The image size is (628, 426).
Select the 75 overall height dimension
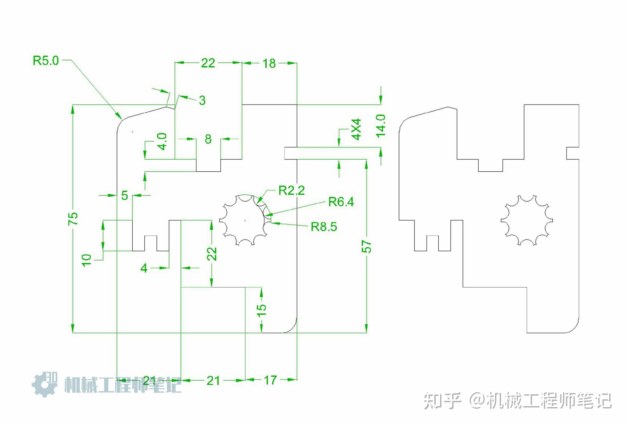tap(73, 219)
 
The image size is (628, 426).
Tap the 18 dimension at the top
tap(269, 63)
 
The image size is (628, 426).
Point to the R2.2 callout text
tap(291, 190)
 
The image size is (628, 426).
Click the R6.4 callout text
tap(341, 202)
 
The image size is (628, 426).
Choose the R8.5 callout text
tap(324, 227)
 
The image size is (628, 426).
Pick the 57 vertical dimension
tap(366, 246)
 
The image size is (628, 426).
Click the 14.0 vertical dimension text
tap(381, 126)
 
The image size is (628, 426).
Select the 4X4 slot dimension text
tap(356, 129)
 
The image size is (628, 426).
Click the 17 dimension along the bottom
tap(270, 380)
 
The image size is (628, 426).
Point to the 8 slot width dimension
tap(208, 139)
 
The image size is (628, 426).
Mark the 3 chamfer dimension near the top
tap(202, 100)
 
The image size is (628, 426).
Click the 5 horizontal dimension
tap(124, 195)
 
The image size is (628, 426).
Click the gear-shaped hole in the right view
tap(526, 220)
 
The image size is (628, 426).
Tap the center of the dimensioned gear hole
tap(245, 220)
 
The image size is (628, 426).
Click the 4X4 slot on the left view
tap(290, 153)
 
